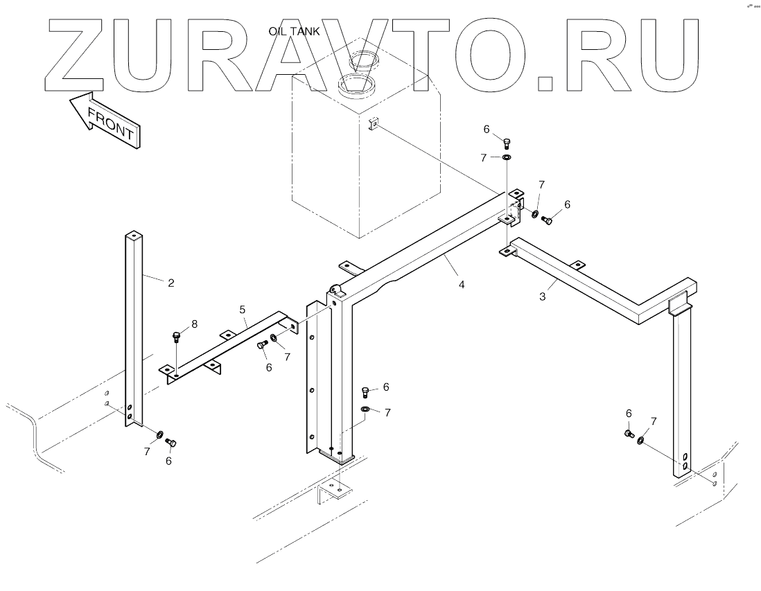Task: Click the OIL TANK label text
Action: click(x=294, y=32)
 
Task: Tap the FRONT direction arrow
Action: click(x=105, y=119)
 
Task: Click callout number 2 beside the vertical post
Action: click(x=170, y=282)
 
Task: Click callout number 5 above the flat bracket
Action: click(x=243, y=309)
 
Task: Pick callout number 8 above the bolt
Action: click(x=194, y=323)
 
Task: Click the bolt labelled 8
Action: click(x=176, y=338)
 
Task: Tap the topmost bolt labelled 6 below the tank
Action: click(x=507, y=143)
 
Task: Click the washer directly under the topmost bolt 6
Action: click(x=507, y=158)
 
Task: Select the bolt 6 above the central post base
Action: click(x=365, y=392)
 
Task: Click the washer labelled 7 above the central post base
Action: click(x=365, y=409)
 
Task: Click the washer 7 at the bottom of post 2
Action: click(x=159, y=435)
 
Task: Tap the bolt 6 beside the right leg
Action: click(x=629, y=434)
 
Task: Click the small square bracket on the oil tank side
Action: click(x=373, y=124)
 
